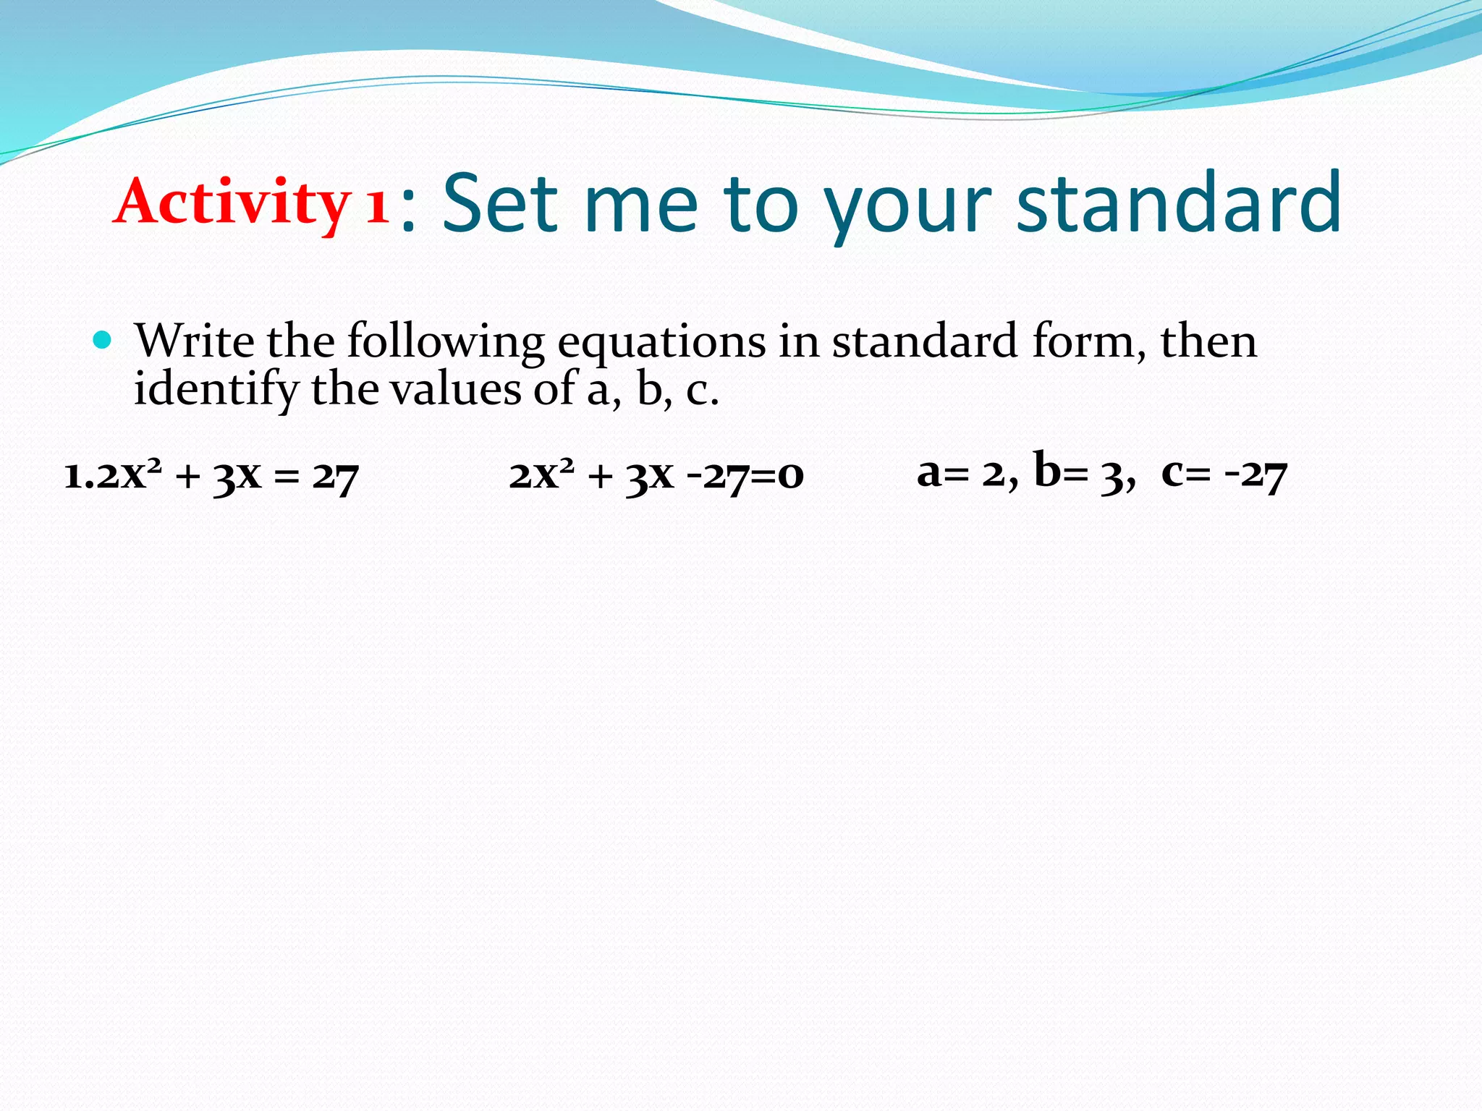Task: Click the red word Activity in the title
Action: click(x=232, y=203)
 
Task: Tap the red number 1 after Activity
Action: click(x=377, y=205)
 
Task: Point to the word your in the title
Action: click(x=907, y=210)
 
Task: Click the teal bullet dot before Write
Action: click(x=103, y=339)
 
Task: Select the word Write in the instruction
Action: click(x=195, y=341)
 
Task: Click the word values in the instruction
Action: click(x=455, y=389)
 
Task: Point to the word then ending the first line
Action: click(x=1208, y=341)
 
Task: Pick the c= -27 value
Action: click(x=1224, y=474)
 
